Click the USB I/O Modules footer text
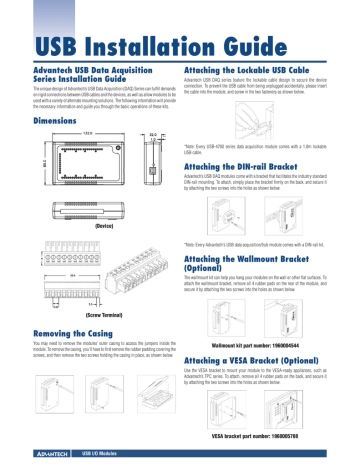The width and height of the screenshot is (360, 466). (x=99, y=454)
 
